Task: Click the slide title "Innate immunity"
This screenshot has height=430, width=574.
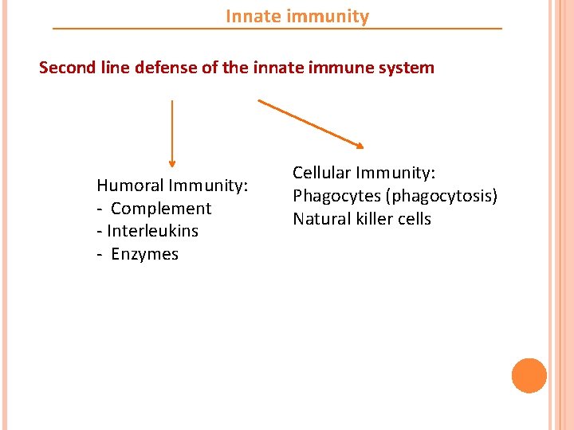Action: (x=297, y=17)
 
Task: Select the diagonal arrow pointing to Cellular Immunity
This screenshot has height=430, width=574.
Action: (x=311, y=123)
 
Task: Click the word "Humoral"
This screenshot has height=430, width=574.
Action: (x=130, y=186)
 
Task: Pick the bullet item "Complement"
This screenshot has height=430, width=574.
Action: (x=161, y=209)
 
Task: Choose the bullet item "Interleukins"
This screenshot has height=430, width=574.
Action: (x=152, y=231)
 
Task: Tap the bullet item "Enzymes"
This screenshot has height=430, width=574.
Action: (x=145, y=254)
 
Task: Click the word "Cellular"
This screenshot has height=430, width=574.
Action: (x=322, y=173)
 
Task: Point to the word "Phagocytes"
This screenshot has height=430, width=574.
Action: (x=333, y=196)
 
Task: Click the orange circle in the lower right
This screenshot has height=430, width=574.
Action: (x=529, y=376)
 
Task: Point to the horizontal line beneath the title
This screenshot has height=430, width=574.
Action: (x=277, y=29)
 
